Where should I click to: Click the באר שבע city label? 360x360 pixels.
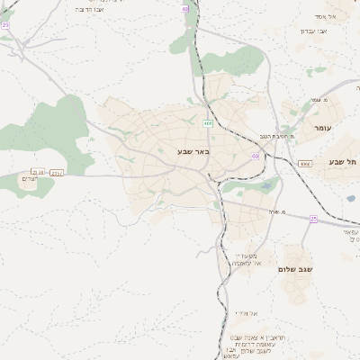193,152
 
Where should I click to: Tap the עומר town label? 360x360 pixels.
323,129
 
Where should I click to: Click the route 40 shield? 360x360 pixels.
184,9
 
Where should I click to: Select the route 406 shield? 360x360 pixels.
209,123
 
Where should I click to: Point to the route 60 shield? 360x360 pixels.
256,156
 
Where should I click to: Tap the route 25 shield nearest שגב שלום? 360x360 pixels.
313,219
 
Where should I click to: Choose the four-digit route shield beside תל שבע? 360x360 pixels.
306,163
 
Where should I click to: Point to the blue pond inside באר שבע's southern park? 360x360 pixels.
265,185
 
